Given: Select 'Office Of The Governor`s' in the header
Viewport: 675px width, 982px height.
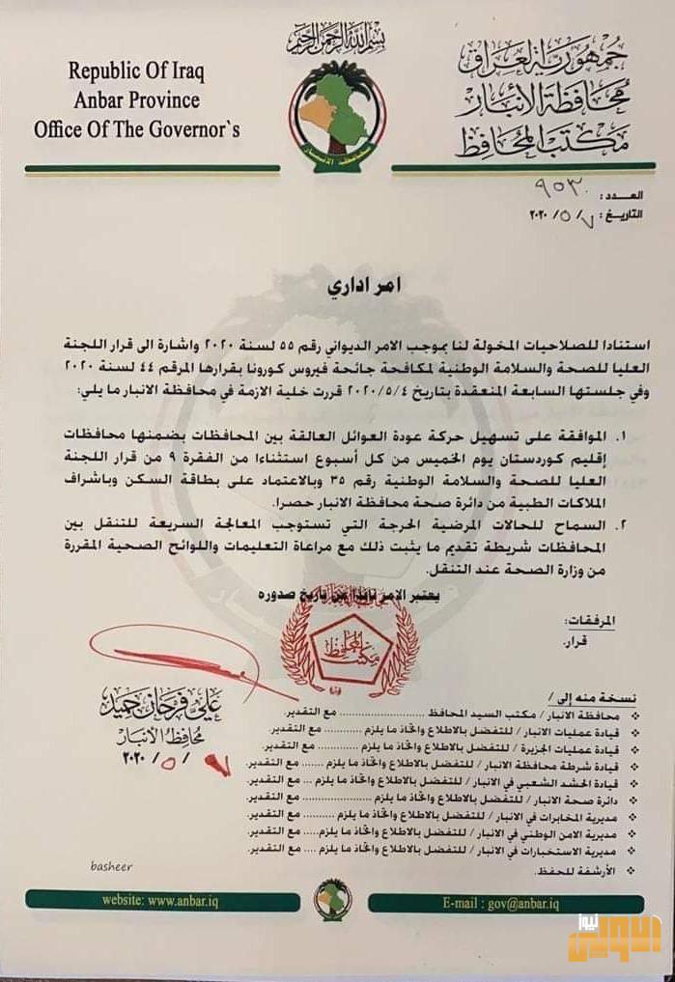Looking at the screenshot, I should (136, 128).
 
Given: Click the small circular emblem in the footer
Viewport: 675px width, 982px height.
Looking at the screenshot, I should (333, 899).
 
